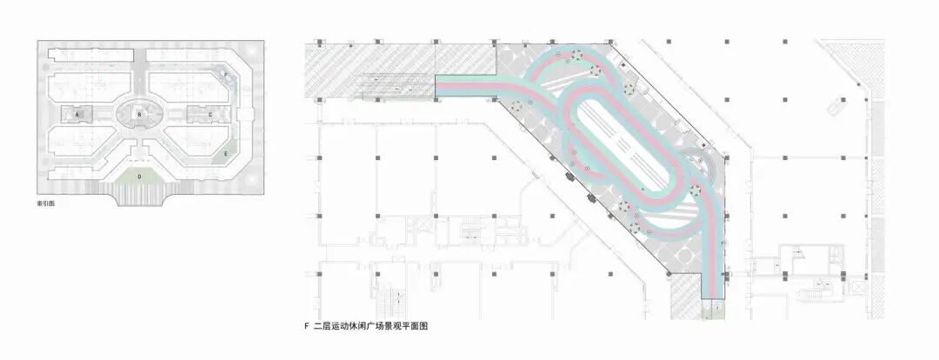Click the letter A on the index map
[77, 114]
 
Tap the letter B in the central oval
[140, 113]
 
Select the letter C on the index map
[210, 114]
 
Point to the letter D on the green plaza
[139, 176]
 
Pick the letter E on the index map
[227, 153]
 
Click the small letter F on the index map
[228, 76]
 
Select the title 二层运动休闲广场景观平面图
[371, 327]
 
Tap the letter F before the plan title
[307, 327]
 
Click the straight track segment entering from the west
[465, 83]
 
